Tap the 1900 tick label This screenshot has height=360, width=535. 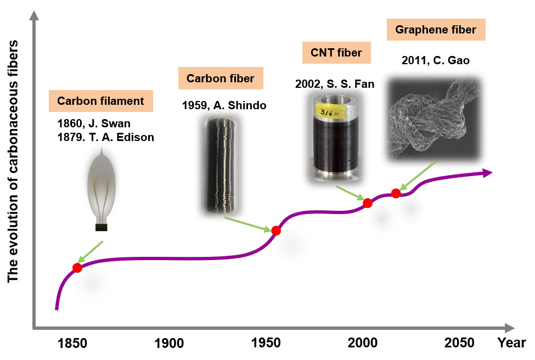coord(169,344)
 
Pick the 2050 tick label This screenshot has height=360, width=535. coord(459,344)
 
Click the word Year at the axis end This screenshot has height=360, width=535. coord(511,344)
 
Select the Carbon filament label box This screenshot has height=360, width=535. coord(100,101)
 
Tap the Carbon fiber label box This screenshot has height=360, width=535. coord(220,78)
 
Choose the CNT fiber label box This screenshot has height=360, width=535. coord(336,53)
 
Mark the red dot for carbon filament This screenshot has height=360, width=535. coord(77,268)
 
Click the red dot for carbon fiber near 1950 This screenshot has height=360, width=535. coord(276,231)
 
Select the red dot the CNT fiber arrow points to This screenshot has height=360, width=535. coord(368,203)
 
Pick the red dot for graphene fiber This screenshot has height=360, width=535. coord(396,193)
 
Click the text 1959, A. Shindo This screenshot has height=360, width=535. coord(224,105)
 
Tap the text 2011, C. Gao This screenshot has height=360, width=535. coord(435,60)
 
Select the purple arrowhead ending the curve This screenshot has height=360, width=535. coord(486,173)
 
